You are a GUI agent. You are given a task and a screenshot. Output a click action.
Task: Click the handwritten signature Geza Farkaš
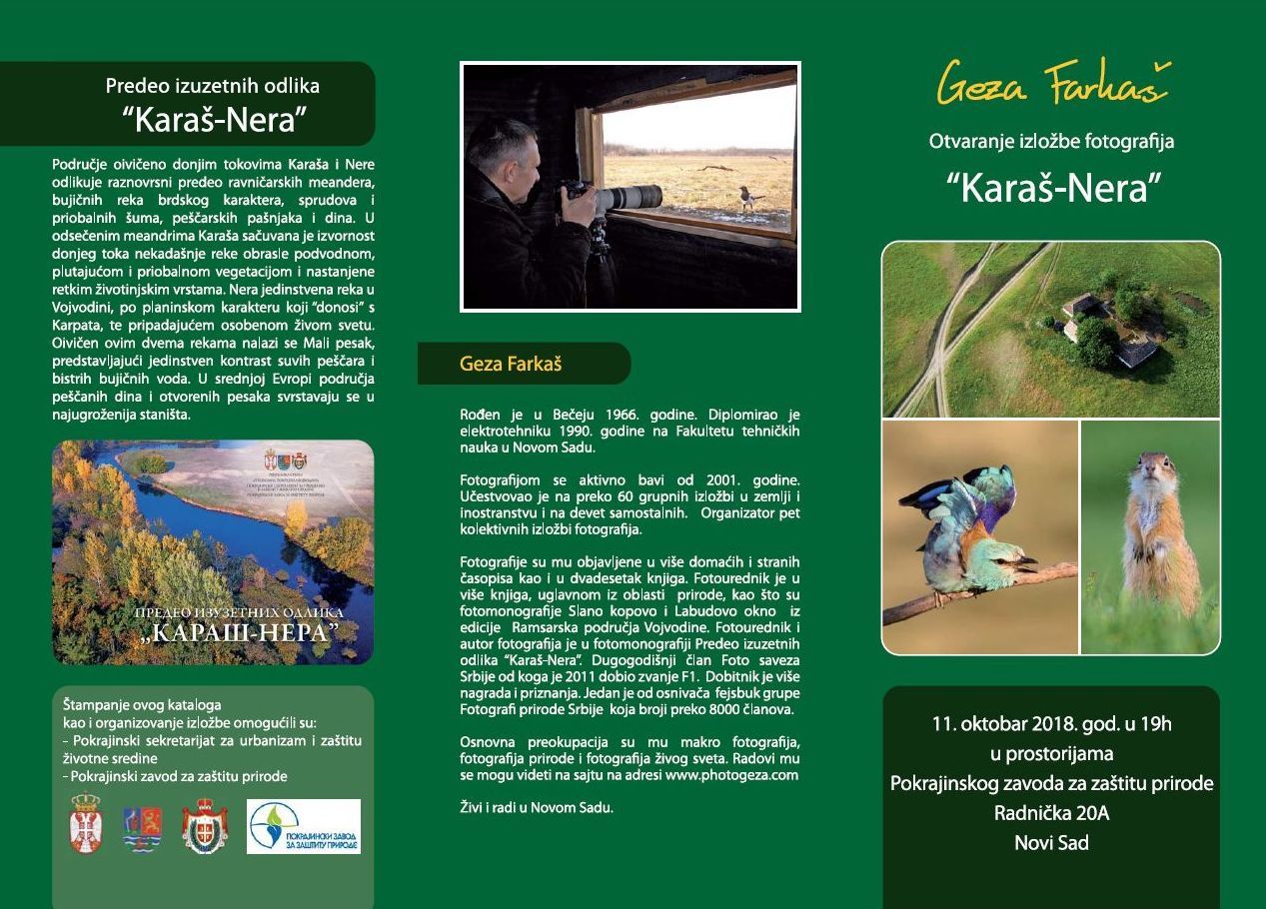pyautogui.click(x=1052, y=84)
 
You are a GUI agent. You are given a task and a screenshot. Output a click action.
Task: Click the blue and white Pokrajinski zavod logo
pyautogui.click(x=303, y=826)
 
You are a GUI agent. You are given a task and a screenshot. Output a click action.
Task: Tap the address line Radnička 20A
pyautogui.click(x=1051, y=813)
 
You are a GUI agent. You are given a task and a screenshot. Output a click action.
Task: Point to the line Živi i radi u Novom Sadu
pyautogui.click(x=536, y=807)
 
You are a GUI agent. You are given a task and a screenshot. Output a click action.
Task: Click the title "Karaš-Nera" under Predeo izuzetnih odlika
pyautogui.click(x=213, y=120)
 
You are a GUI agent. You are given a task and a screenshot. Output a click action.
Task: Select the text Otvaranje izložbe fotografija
pyautogui.click(x=1051, y=141)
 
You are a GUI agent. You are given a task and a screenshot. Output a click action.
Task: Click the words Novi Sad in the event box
pyautogui.click(x=1051, y=842)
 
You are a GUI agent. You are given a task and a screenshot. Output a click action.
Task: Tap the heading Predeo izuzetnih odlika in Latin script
pyautogui.click(x=213, y=86)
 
